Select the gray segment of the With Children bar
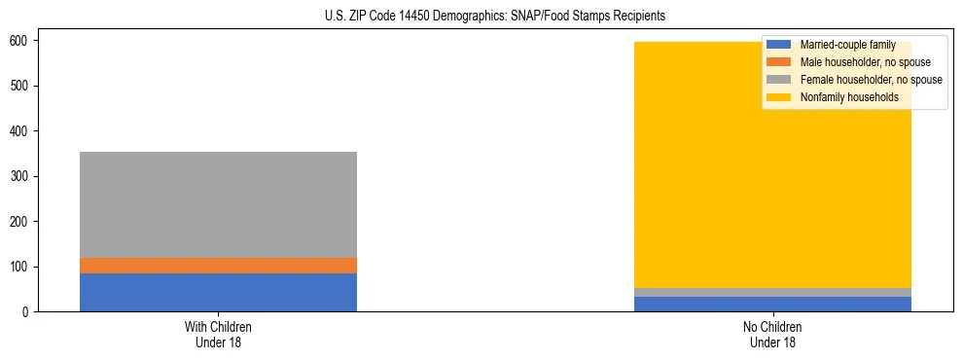218,204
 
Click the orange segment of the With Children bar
218,266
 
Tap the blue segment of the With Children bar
218,293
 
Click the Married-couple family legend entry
847,45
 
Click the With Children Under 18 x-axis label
218,335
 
